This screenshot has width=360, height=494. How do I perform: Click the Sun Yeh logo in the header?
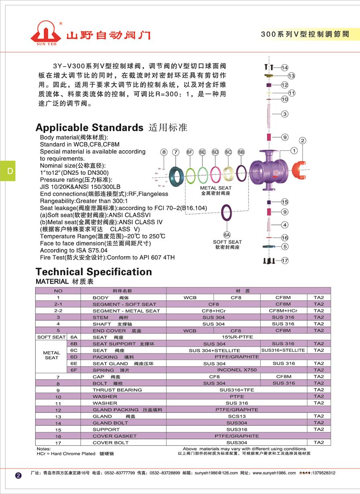click(x=45, y=32)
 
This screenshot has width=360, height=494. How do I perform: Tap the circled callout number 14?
click(x=285, y=67)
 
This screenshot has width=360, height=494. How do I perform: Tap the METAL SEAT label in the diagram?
click(x=216, y=188)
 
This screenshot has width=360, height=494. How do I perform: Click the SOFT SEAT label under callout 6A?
click(x=227, y=242)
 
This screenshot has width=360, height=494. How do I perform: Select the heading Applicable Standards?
click(x=89, y=128)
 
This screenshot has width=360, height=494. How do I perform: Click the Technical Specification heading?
click(x=94, y=272)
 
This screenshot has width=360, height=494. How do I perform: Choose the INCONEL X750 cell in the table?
click(x=237, y=370)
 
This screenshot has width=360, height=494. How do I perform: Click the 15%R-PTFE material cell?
click(x=237, y=337)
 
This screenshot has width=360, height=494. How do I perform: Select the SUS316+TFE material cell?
click(x=237, y=390)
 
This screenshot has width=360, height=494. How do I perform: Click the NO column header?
click(x=58, y=290)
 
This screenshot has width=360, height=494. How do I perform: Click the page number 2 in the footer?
click(x=18, y=476)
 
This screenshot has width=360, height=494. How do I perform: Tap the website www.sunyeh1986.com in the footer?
click(x=274, y=473)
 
